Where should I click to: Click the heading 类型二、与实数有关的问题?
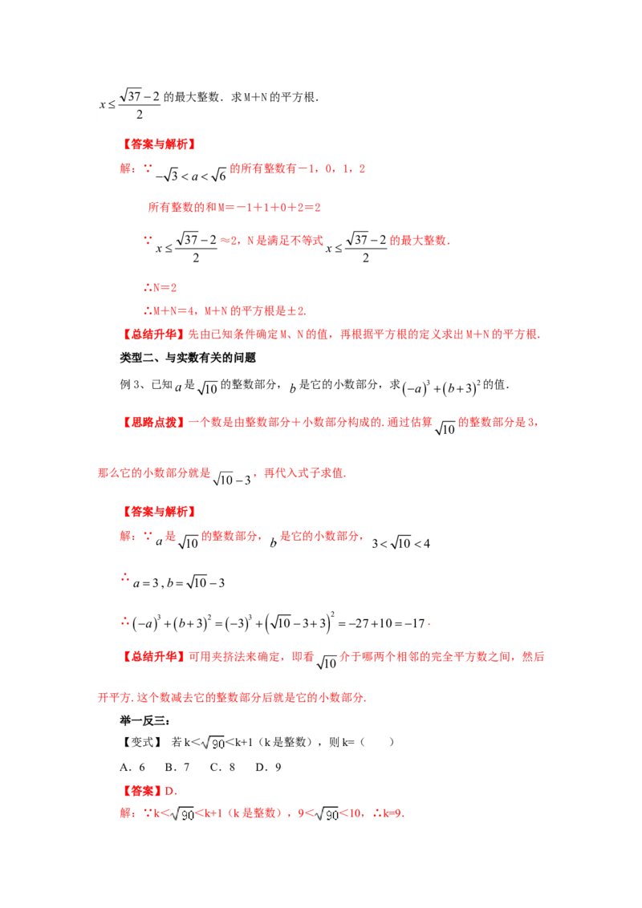pyautogui.click(x=188, y=358)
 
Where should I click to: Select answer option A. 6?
pyautogui.click(x=132, y=768)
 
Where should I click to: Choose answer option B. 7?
pyautogui.click(x=177, y=768)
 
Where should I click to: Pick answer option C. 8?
pyautogui.click(x=222, y=768)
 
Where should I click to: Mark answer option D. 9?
pyautogui.click(x=268, y=768)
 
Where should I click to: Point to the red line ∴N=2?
pyautogui.click(x=160, y=288)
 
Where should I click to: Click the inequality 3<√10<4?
pyautogui.click(x=401, y=543)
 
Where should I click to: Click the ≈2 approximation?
pyautogui.click(x=228, y=241)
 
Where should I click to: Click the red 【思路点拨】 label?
pyautogui.click(x=153, y=422)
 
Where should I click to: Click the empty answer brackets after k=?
pyautogui.click(x=376, y=743)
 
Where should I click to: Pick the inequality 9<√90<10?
pyautogui.click(x=331, y=813)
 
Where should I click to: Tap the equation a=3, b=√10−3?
pyautogui.click(x=179, y=582)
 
